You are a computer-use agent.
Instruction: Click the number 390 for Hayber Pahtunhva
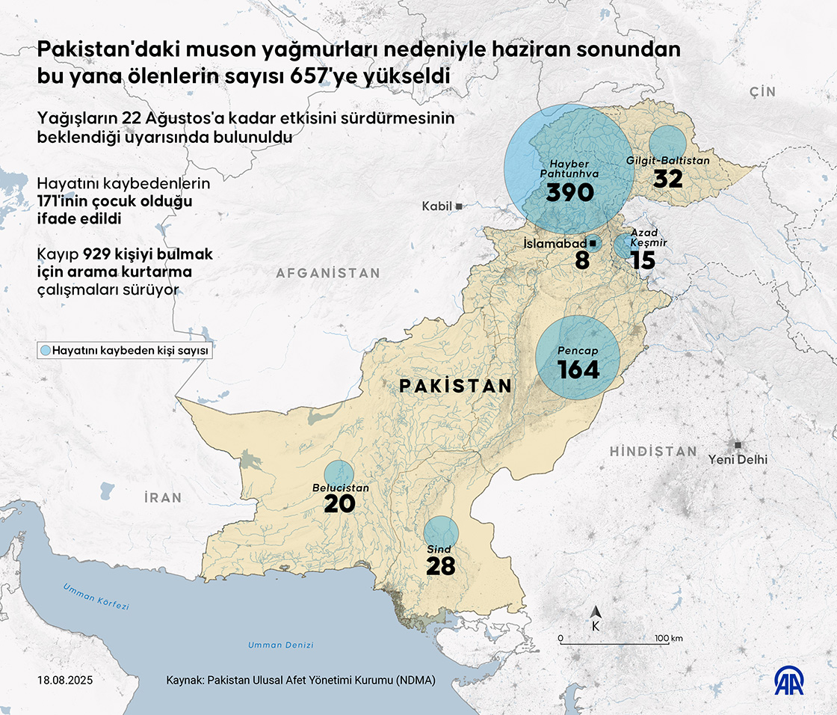(569, 193)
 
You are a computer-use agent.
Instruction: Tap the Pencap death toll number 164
(578, 369)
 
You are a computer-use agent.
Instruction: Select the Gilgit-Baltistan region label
(667, 161)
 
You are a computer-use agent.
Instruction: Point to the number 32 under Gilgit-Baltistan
(668, 179)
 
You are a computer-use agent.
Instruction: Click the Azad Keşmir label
(648, 238)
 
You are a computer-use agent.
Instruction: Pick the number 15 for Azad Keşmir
(642, 260)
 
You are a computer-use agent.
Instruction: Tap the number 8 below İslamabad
(582, 260)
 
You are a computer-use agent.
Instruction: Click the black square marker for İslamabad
(593, 244)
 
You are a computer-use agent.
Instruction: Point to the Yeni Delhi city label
(738, 460)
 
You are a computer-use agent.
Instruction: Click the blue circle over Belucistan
(339, 473)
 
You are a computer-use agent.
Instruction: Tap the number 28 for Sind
(441, 566)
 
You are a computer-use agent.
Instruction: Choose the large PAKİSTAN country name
(456, 386)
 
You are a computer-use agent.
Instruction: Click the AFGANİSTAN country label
(328, 274)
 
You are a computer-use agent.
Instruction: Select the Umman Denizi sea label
(281, 645)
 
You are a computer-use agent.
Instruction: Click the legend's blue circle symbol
(46, 350)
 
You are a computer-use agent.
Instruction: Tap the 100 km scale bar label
(667, 638)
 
